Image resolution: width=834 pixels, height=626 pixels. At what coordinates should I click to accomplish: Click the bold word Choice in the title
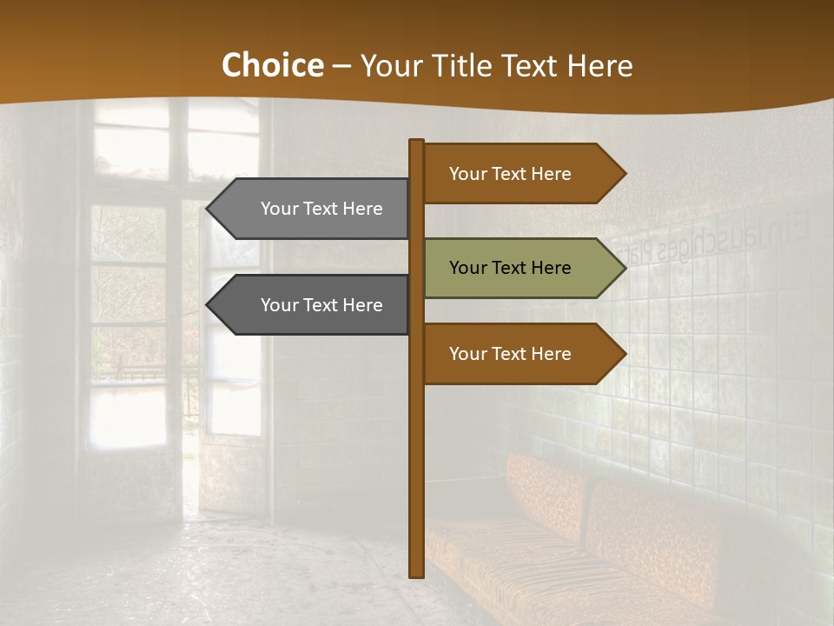273,65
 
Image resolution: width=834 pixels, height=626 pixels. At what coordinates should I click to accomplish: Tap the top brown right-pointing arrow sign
521,174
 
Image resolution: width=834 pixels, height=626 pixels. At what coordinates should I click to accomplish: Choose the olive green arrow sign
521,268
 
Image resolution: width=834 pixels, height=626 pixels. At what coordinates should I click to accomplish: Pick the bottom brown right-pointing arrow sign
521,354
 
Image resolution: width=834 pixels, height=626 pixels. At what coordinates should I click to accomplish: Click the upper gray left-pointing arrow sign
313,209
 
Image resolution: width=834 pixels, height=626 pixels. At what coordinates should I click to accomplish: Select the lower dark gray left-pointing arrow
313,305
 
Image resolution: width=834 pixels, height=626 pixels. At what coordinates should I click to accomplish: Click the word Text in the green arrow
510,268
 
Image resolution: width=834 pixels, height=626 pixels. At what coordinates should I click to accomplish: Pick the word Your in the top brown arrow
467,174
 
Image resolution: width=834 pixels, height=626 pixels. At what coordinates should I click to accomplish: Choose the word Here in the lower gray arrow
362,305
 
